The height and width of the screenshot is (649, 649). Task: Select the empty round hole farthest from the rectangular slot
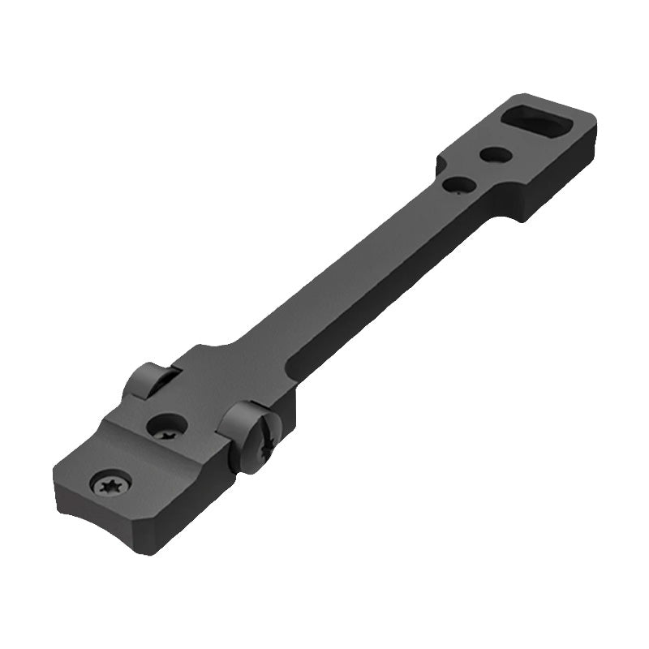coord(455,185)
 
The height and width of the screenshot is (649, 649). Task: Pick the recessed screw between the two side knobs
coord(169,425)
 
